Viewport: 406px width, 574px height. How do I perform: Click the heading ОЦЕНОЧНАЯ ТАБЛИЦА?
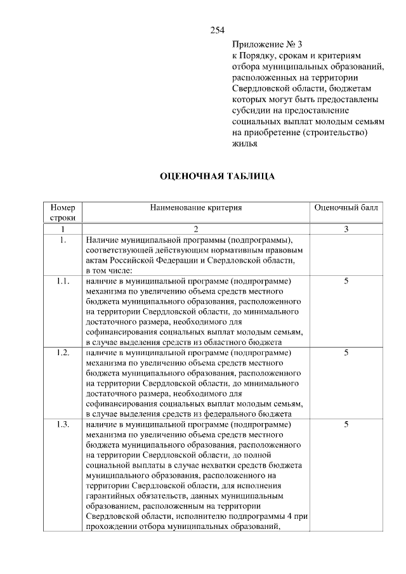[217, 176]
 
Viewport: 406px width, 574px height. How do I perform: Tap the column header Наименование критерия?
[197, 207]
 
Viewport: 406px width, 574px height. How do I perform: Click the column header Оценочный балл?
[346, 207]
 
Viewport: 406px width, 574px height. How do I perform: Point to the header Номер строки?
[63, 212]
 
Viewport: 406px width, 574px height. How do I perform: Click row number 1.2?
[63, 353]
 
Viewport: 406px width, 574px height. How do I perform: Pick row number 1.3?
[63, 424]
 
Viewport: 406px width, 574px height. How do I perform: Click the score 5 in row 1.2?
[346, 353]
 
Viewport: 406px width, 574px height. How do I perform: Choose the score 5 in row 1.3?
[346, 424]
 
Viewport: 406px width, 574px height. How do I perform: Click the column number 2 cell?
[196, 229]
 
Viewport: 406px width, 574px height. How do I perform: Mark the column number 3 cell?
[346, 229]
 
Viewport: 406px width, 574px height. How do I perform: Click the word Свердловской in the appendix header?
[258, 88]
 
